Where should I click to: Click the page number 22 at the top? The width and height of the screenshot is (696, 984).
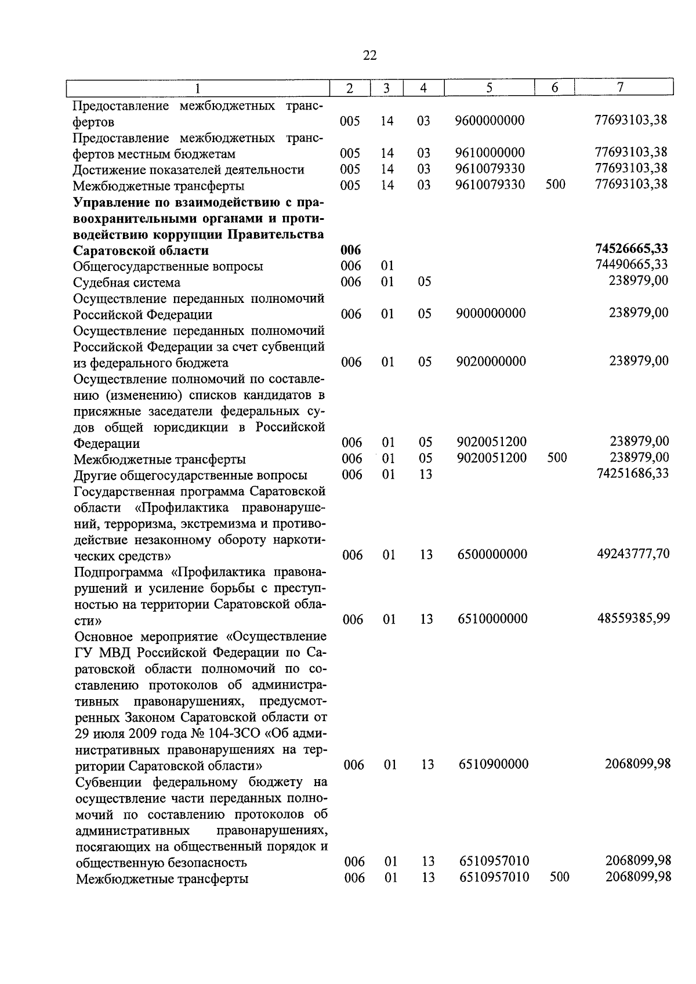point(369,55)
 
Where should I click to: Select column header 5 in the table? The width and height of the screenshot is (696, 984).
point(489,88)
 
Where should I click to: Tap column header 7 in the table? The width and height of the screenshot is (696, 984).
point(621,87)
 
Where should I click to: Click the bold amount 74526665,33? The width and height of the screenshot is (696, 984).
point(631,249)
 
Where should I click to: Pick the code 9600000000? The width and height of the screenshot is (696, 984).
point(490,121)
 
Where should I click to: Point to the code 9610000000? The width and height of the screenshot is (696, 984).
point(490,153)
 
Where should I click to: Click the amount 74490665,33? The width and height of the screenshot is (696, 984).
point(631,265)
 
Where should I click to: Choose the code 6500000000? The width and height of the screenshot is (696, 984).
point(492,554)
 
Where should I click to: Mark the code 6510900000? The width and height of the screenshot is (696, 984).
point(494,764)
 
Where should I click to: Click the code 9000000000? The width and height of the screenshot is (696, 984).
point(491,313)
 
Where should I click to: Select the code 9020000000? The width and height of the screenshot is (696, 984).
point(491,361)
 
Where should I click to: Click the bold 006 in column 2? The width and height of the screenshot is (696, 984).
point(350,250)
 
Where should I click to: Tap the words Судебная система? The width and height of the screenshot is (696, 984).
point(126,283)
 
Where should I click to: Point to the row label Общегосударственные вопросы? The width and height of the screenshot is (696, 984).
point(168,266)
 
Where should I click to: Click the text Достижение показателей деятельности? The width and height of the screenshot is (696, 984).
point(188,169)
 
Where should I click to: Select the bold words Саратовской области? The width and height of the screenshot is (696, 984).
point(141,251)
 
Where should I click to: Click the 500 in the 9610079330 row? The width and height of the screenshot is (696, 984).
point(555,184)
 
